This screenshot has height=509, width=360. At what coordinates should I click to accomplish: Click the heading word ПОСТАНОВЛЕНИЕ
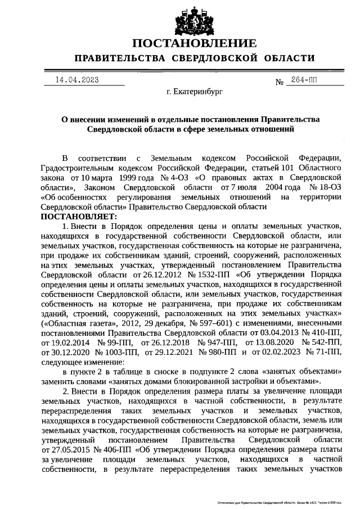[x=195, y=43]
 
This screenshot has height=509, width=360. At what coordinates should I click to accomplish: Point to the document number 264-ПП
[x=303, y=80]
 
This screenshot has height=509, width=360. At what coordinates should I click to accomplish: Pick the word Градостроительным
[x=77, y=168]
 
